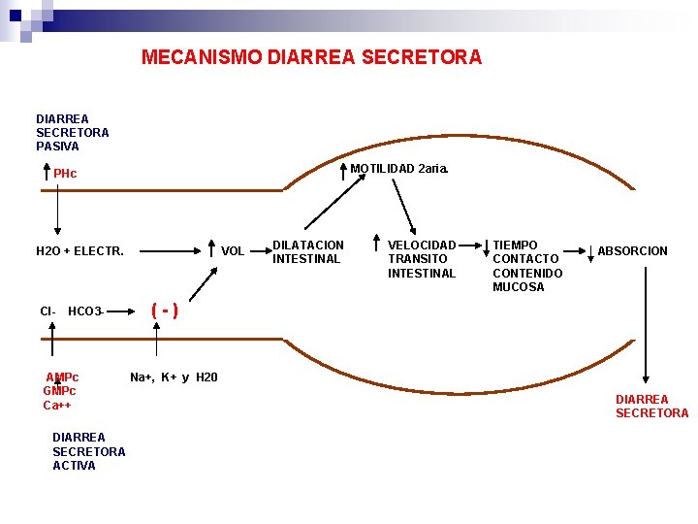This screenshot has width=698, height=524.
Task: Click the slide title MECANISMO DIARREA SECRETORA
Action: pyautogui.click(x=311, y=57)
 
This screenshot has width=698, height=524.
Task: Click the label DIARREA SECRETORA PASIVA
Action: pyautogui.click(x=72, y=133)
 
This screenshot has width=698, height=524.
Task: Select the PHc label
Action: pyautogui.click(x=65, y=174)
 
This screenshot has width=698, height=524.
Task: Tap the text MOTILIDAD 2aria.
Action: pyautogui.click(x=399, y=169)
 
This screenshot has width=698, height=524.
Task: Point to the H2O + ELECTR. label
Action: pyautogui.click(x=79, y=251)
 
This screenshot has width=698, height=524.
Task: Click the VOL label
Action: pyautogui.click(x=233, y=251)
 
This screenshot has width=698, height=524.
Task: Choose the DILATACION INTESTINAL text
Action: pyautogui.click(x=307, y=252)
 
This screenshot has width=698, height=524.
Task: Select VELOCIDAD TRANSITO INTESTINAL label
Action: pyautogui.click(x=422, y=259)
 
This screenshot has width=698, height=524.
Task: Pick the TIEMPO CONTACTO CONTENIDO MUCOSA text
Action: pyautogui.click(x=527, y=266)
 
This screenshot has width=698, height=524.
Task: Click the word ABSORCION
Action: pyautogui.click(x=632, y=251)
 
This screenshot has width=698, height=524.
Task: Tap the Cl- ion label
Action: pyautogui.click(x=48, y=311)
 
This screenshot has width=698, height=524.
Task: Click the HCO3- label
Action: pyautogui.click(x=86, y=311)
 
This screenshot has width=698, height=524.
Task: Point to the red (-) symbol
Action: pyautogui.click(x=164, y=311)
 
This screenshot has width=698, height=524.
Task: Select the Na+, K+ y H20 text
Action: pyautogui.click(x=174, y=377)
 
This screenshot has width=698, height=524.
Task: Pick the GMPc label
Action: pyautogui.click(x=59, y=391)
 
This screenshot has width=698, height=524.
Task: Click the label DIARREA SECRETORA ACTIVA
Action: pyautogui.click(x=88, y=451)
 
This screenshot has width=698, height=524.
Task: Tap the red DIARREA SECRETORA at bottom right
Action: pyautogui.click(x=651, y=407)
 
